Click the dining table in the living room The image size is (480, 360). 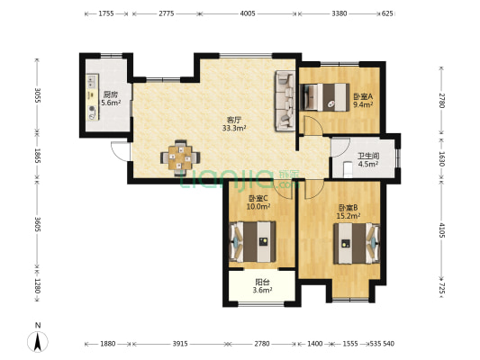point(180,157)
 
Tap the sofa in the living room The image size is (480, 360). point(285,101)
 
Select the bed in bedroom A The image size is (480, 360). point(325,97)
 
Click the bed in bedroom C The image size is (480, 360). point(252,241)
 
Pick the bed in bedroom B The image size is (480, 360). point(357,244)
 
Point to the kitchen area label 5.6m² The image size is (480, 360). point(111,103)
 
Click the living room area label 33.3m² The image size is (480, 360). point(234,128)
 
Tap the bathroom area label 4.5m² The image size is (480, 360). point(368,164)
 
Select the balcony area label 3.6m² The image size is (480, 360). point(263,290)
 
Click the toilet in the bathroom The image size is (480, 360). point(348,170)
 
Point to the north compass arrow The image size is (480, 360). point(38,342)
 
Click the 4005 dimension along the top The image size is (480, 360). point(248,13)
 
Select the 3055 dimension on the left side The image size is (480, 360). point(37,95)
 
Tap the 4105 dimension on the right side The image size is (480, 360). point(441,230)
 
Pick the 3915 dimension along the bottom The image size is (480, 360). point(180,344)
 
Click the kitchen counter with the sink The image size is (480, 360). point(93,97)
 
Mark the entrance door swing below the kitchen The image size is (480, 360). point(121,151)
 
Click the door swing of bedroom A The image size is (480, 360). point(312,125)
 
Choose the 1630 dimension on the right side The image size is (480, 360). point(441,158)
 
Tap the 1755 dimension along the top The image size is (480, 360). point(106,13)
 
